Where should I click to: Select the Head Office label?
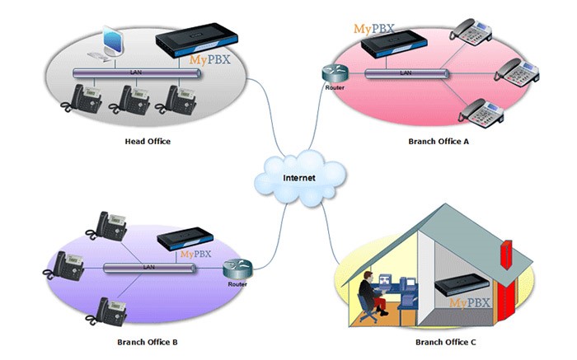(148, 142)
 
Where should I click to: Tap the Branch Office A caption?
(438, 142)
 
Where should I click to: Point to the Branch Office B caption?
(148, 341)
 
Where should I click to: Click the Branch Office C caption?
(445, 341)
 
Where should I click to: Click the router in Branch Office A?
(334, 72)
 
